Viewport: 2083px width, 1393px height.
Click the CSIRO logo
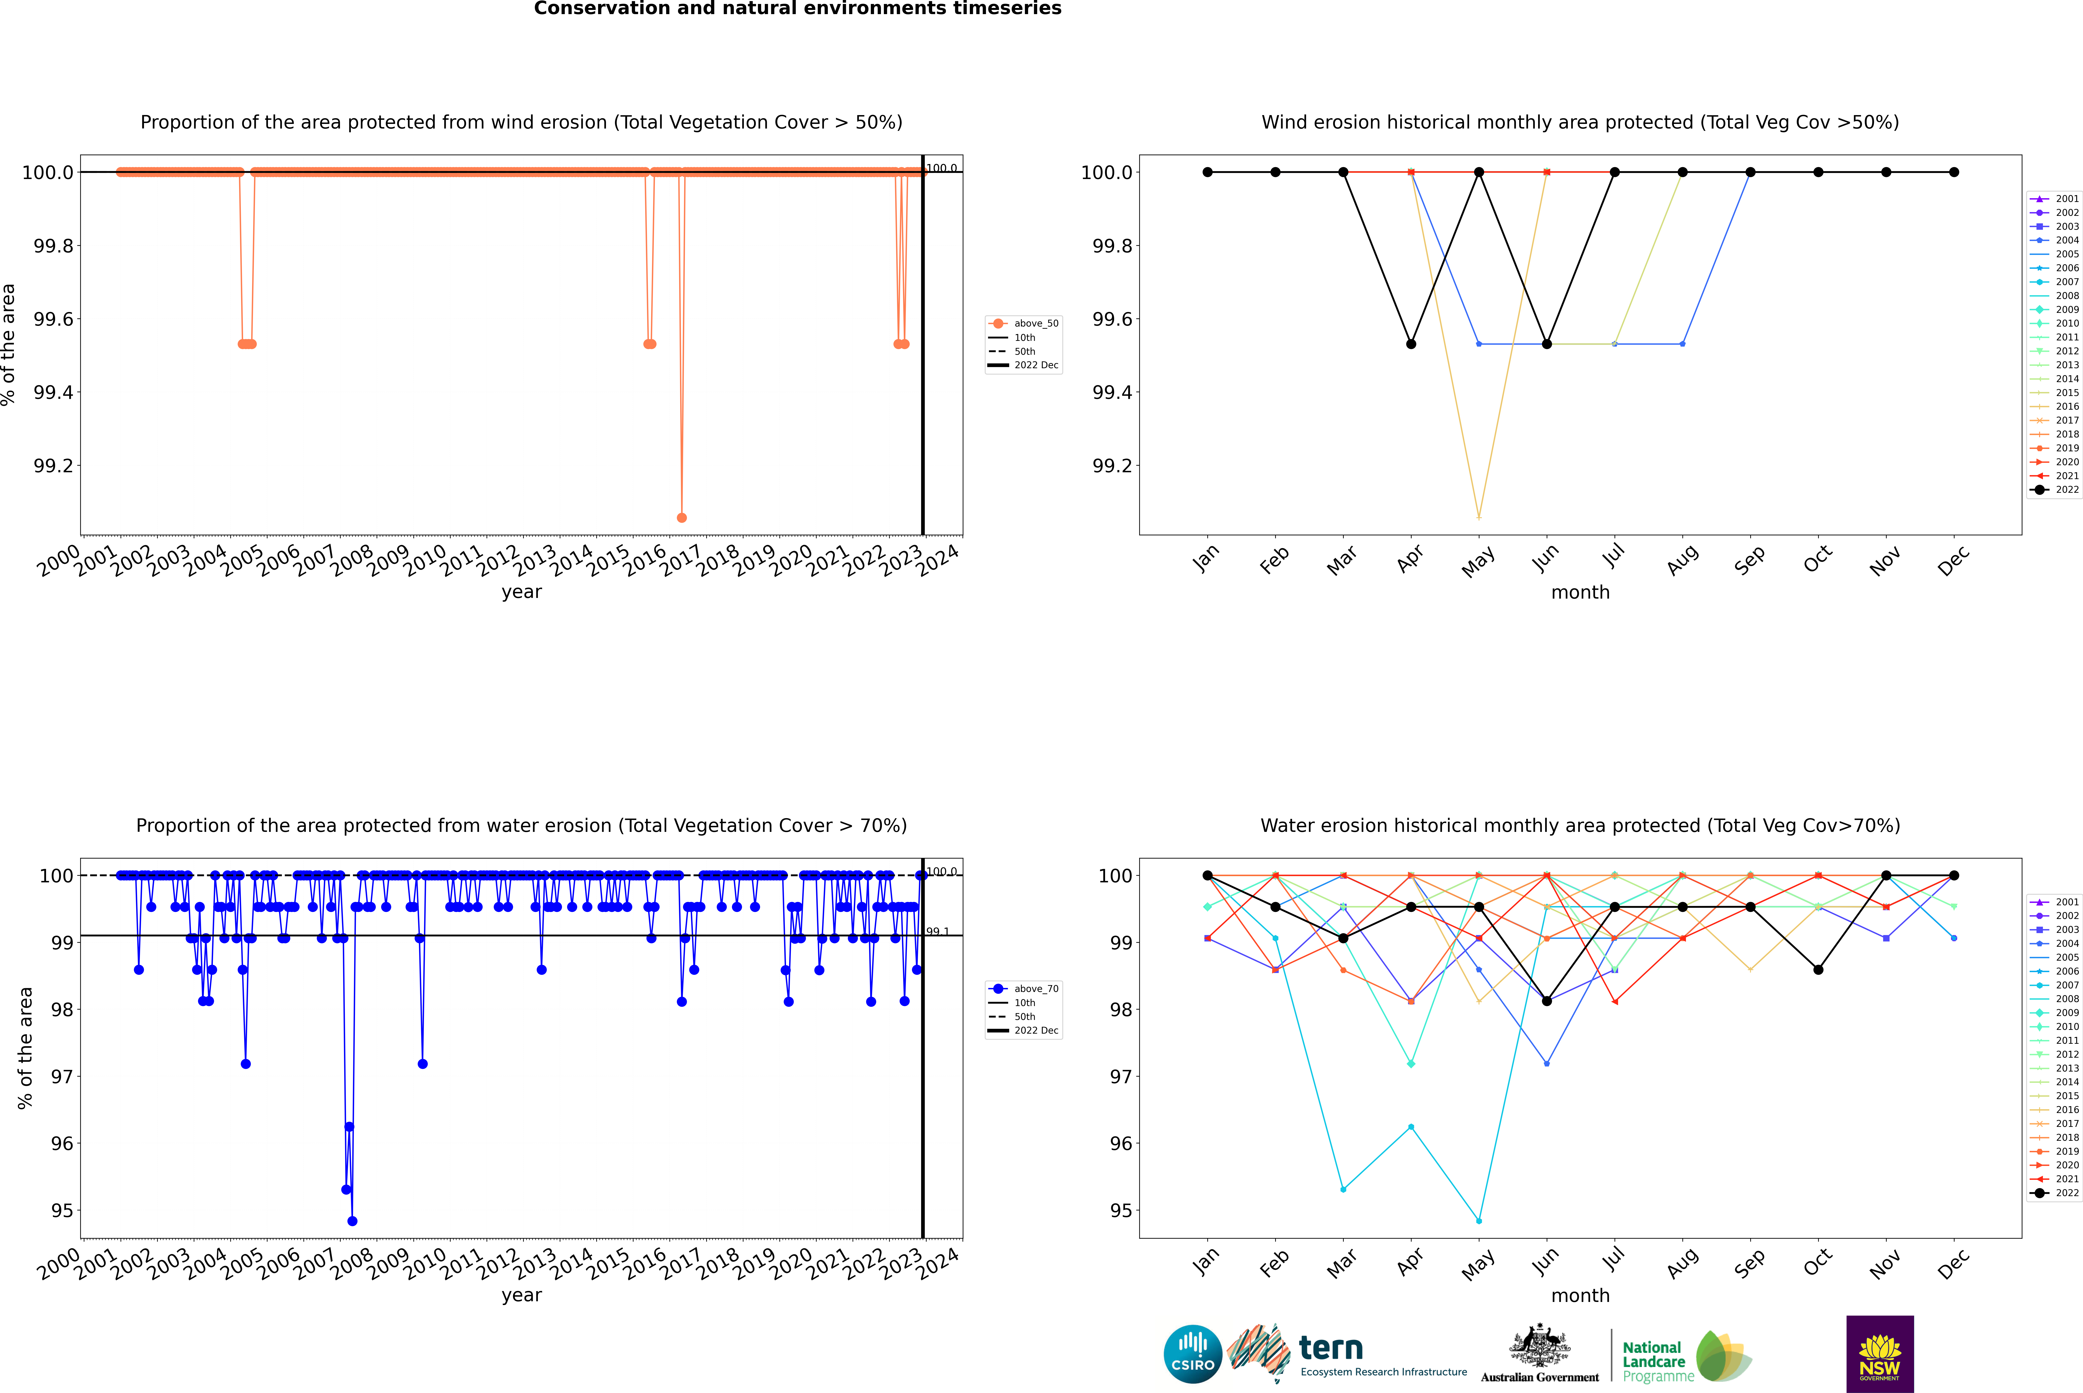pyautogui.click(x=1193, y=1354)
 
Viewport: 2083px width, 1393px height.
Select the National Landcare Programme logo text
pyautogui.click(x=1653, y=1361)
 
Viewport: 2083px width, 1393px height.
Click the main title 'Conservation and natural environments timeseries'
pyautogui.click(x=797, y=9)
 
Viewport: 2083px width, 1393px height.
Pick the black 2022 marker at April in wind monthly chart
pyautogui.click(x=1411, y=344)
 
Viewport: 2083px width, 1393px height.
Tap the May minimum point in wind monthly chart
pyautogui.click(x=1478, y=517)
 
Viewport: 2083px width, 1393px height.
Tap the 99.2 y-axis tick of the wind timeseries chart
pyautogui.click(x=53, y=465)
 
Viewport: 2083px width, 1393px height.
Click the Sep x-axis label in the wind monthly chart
pyautogui.click(x=1748, y=560)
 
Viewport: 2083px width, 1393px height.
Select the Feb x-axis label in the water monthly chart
pyautogui.click(x=1273, y=1263)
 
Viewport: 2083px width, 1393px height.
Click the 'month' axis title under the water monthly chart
pyautogui.click(x=1579, y=1295)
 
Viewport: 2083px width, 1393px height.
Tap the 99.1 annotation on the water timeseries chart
pyautogui.click(x=938, y=932)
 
